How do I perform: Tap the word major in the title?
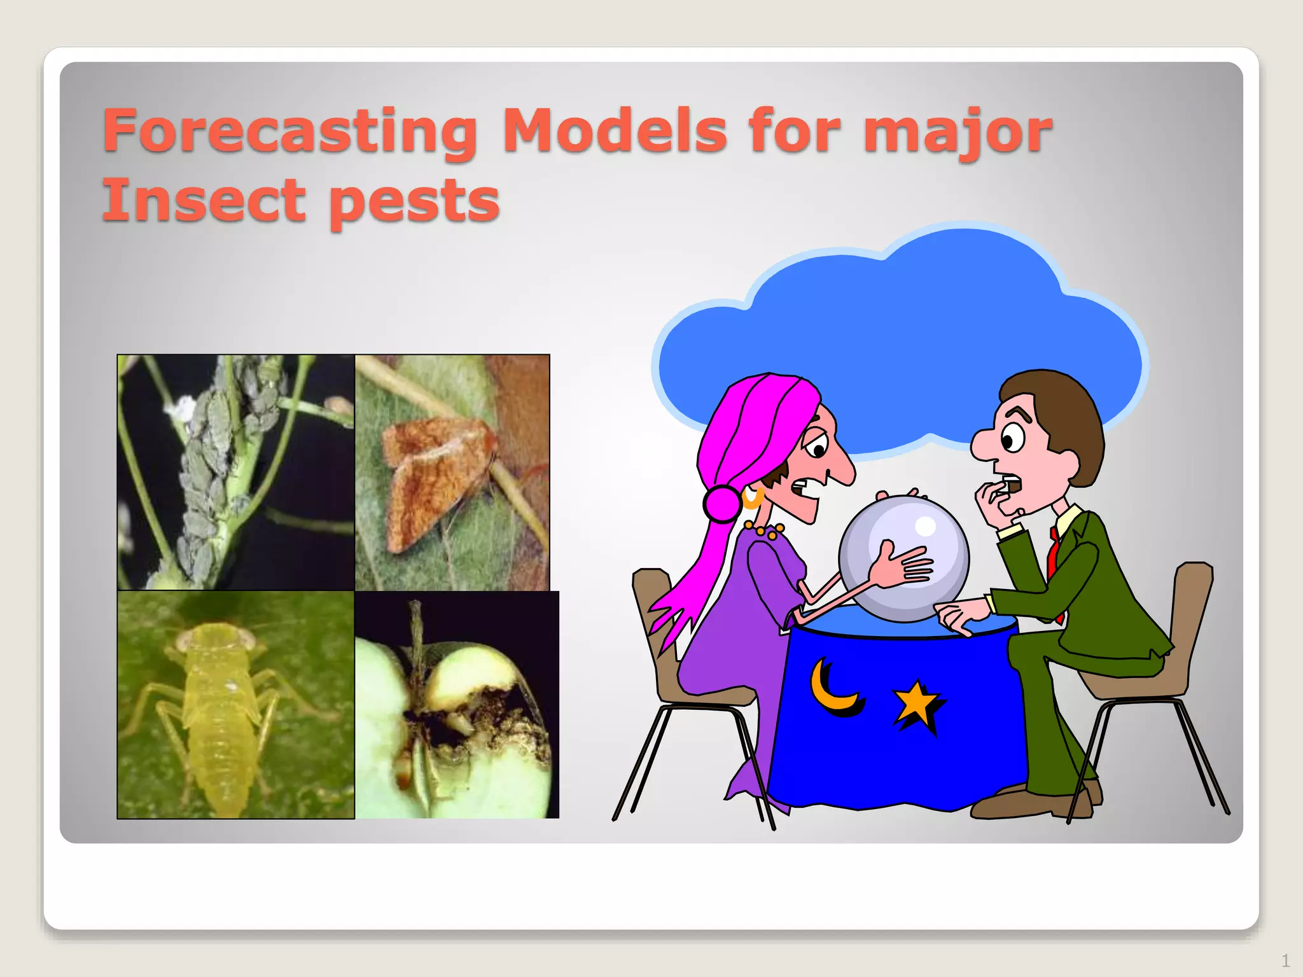[x=958, y=132]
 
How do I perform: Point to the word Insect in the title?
[x=204, y=200]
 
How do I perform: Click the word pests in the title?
[x=414, y=202]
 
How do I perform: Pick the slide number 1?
[x=1285, y=960]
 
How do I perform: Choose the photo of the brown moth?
[x=452, y=472]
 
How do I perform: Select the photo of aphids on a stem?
[x=235, y=472]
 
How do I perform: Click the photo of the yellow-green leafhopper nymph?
[x=235, y=705]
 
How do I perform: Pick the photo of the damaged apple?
[x=457, y=705]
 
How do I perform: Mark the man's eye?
[x=1010, y=440]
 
